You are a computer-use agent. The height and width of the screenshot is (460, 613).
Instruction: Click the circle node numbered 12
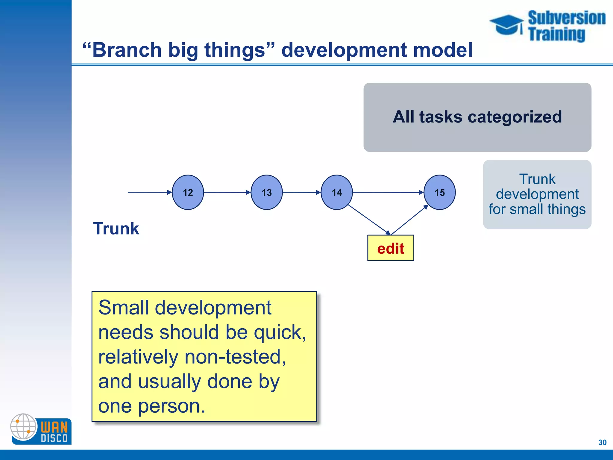[x=188, y=192]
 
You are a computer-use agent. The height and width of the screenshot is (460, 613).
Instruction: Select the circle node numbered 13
[x=266, y=192]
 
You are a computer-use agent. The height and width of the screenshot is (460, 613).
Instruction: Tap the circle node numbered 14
[x=336, y=192]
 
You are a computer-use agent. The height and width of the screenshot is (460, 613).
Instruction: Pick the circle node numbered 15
[x=439, y=192]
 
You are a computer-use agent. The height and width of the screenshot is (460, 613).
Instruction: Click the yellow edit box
[x=391, y=248]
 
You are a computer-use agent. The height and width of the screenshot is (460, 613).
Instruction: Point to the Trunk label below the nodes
[x=116, y=229]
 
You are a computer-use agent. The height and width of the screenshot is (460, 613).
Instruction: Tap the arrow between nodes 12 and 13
[x=227, y=192]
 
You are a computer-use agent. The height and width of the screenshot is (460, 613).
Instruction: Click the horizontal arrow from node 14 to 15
[x=388, y=192]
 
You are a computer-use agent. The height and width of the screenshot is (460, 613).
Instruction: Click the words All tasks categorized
[x=477, y=117]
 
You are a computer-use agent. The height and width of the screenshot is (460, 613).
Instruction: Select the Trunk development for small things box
[x=537, y=194]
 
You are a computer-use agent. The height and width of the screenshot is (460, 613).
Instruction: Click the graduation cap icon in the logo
[x=506, y=25]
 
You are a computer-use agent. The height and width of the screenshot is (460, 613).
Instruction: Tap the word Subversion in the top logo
[x=566, y=18]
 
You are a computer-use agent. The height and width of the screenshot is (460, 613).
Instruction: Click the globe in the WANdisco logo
[x=23, y=426]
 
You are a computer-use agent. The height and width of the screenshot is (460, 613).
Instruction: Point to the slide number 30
[x=602, y=442]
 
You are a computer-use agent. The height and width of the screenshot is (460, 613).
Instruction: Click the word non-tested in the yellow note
[x=235, y=357]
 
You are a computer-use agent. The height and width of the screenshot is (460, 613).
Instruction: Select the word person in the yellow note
[x=172, y=406]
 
